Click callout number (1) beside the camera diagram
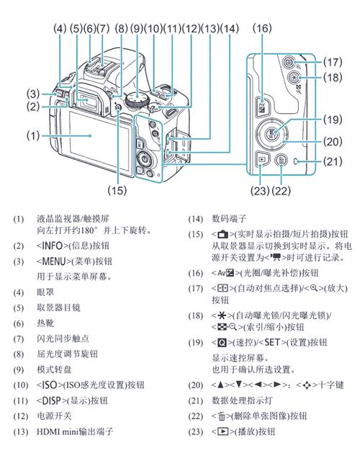(32, 135)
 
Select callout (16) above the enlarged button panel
(262, 28)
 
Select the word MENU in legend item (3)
(55, 261)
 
